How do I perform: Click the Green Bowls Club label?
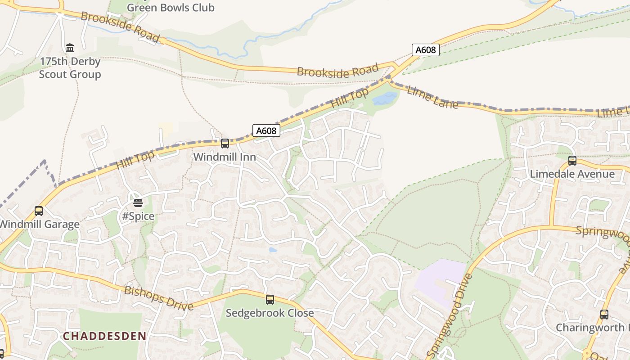(x=171, y=7)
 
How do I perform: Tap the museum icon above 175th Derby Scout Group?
(x=70, y=48)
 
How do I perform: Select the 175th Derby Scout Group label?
(x=70, y=67)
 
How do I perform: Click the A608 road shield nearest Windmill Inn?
(x=266, y=130)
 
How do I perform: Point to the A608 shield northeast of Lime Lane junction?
(x=425, y=49)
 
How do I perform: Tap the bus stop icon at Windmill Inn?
(x=225, y=144)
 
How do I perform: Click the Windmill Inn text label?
(x=225, y=157)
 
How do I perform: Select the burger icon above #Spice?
(x=138, y=203)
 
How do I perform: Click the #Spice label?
(x=138, y=216)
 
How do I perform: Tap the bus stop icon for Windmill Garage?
(x=39, y=211)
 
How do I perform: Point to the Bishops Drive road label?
(x=158, y=298)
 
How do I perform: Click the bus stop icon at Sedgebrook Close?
(x=270, y=299)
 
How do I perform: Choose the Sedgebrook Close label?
(x=270, y=313)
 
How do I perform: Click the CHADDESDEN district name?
(x=104, y=336)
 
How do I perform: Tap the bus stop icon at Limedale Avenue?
(x=572, y=160)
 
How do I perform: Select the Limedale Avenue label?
(x=572, y=174)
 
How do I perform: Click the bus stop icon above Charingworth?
(x=604, y=315)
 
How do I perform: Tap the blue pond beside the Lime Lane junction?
(x=385, y=99)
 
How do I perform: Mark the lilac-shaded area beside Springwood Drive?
(x=439, y=279)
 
